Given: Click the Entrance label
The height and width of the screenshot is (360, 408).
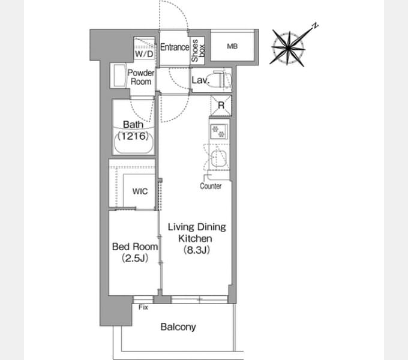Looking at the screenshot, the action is coord(175,47).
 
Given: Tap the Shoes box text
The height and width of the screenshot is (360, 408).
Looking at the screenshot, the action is coord(198,50).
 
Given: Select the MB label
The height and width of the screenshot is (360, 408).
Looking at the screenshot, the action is coord(232,46).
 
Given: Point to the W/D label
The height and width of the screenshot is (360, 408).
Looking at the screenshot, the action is coord(144,54).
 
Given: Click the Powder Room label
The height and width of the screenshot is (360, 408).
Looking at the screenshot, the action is coord(141,77).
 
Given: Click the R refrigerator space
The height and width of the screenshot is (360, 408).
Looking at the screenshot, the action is coord(221,106).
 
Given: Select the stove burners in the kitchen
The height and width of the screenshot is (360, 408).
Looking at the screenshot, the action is coord(218,131).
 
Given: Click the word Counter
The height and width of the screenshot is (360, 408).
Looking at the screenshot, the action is coord(211,186).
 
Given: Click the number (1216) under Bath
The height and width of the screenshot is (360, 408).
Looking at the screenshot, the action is coord(133,136).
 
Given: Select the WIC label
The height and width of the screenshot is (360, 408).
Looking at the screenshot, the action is coord(140,191).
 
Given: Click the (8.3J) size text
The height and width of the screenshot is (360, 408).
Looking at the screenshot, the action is coord(197,250).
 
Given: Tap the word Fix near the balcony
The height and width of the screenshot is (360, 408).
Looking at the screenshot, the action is coord(143,307).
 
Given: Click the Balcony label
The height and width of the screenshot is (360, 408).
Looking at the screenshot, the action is coord(178,327).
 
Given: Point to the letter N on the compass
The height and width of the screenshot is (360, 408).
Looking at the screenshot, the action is coord(315,26).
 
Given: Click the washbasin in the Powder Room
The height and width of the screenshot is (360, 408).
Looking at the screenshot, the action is coord(119,76).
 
